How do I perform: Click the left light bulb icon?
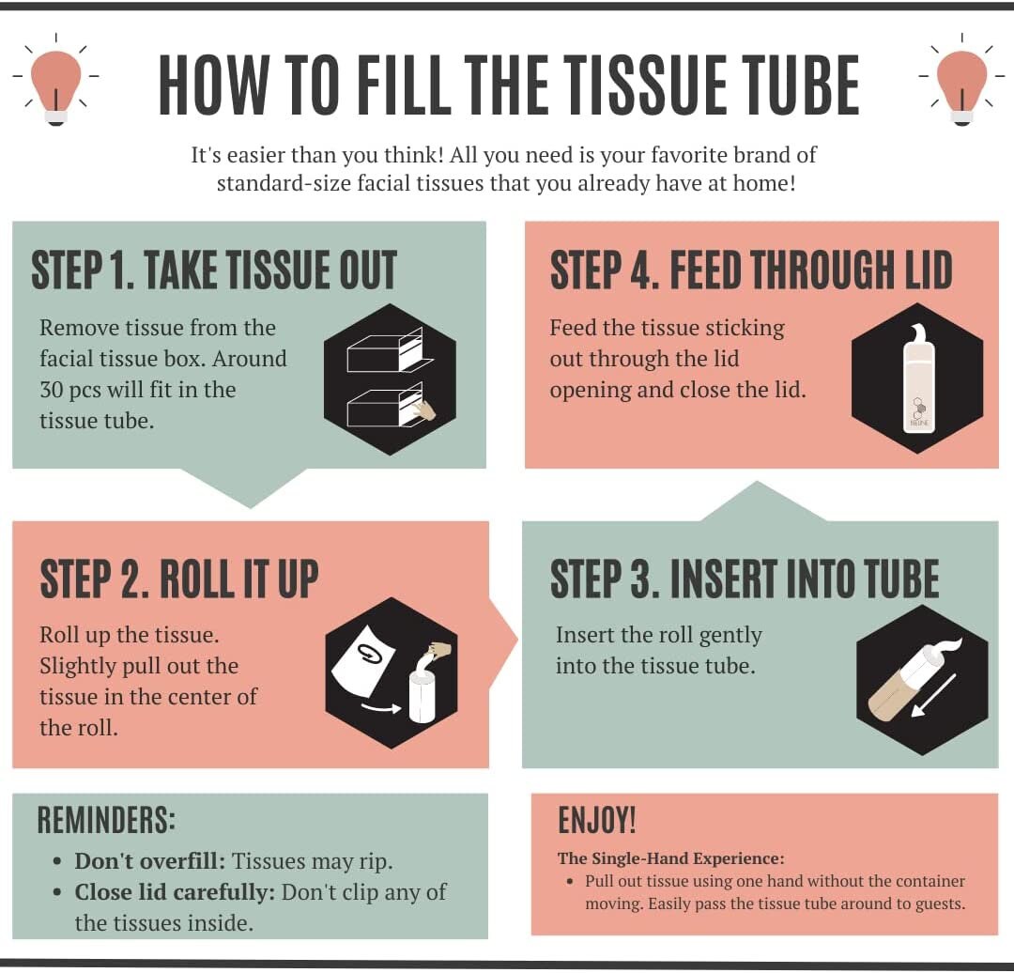[55, 83]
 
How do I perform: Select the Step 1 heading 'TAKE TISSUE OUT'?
[214, 270]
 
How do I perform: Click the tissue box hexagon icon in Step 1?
[389, 379]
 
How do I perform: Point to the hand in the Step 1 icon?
[424, 409]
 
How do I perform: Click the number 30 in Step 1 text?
[51, 390]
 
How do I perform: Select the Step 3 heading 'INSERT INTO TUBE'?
[744, 579]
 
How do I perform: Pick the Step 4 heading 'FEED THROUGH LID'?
[750, 270]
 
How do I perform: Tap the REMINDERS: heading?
[106, 820]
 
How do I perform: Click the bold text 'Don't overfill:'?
[150, 861]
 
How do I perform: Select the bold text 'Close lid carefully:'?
[175, 892]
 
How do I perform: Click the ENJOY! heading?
[596, 821]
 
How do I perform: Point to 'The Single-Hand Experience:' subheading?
[670, 858]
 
